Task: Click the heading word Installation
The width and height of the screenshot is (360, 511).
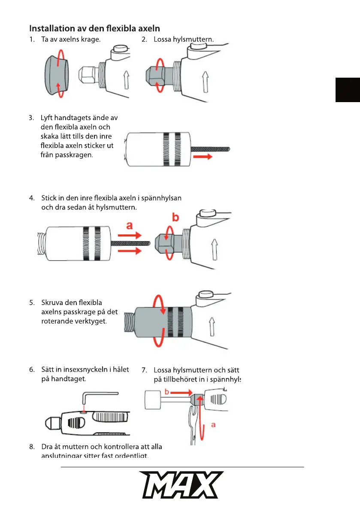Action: [x=51, y=29]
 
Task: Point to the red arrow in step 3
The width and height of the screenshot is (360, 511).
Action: [x=203, y=157]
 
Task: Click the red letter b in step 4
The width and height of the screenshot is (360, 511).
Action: [x=175, y=217]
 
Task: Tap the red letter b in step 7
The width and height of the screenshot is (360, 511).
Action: [x=166, y=392]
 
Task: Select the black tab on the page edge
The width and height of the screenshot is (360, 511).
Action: [x=348, y=90]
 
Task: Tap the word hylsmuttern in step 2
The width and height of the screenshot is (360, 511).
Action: [x=194, y=40]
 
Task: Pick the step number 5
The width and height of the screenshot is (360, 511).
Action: [x=32, y=302]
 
